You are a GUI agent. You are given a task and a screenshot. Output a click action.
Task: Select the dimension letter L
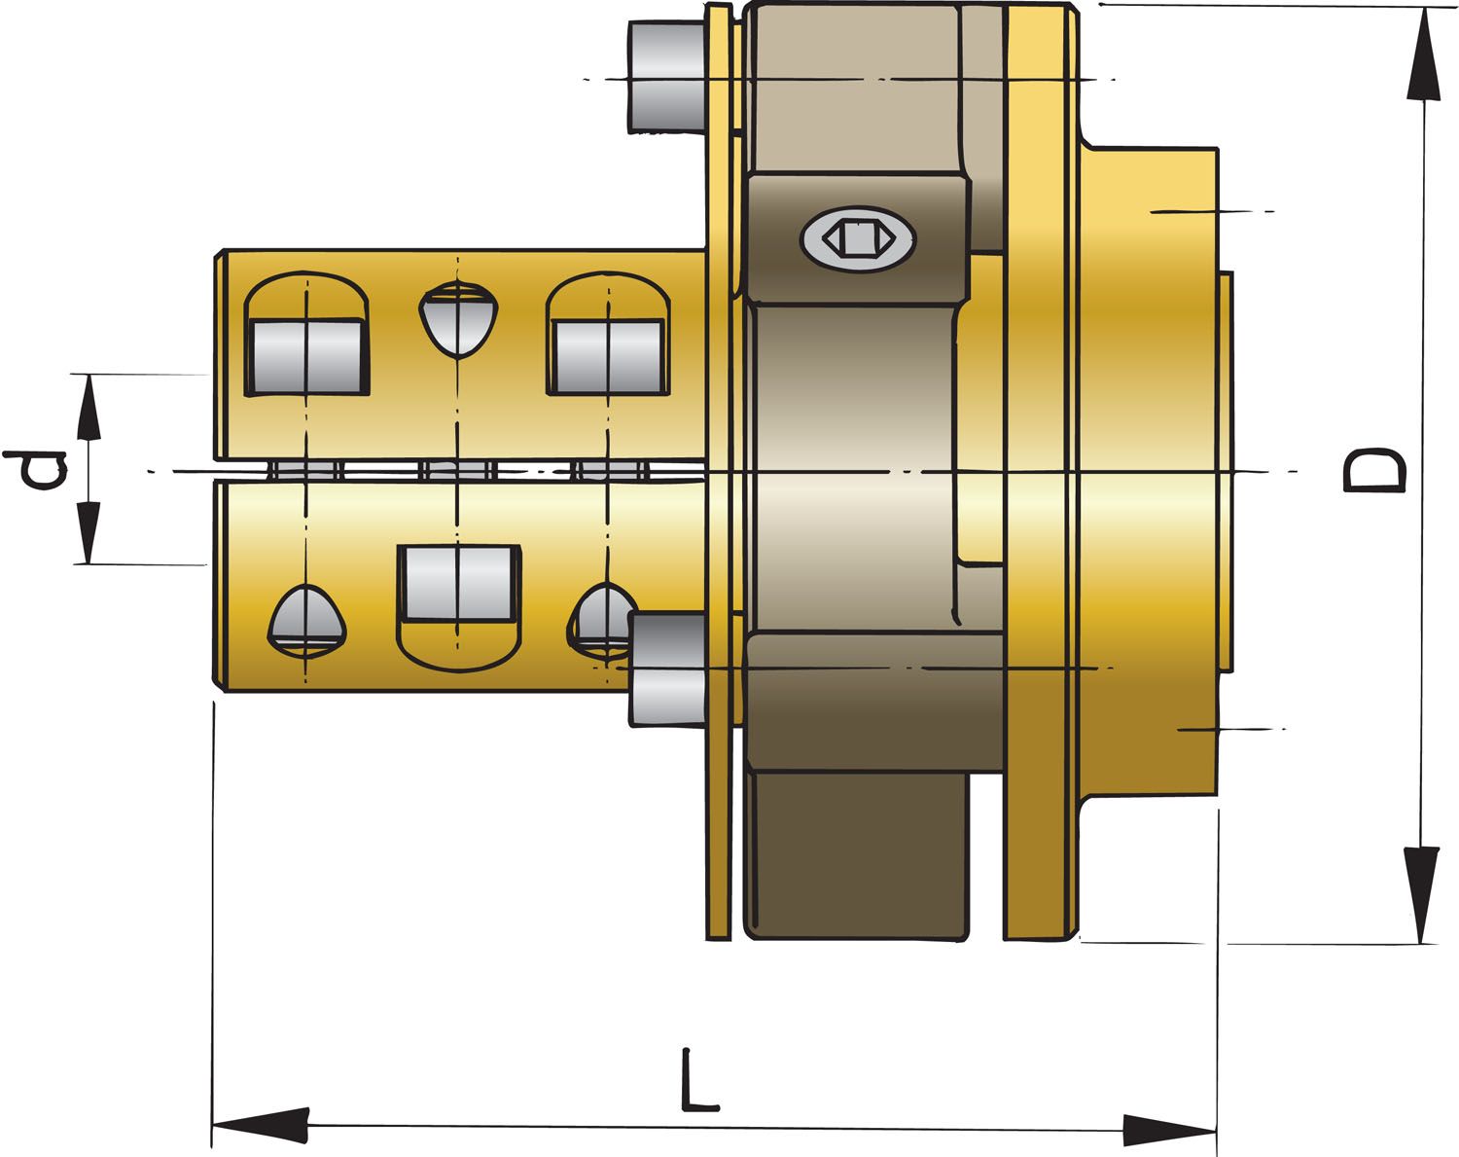click(698, 1081)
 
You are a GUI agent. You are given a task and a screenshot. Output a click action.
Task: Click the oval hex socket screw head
click(857, 236)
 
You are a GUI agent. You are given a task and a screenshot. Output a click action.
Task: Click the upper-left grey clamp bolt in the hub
click(307, 356)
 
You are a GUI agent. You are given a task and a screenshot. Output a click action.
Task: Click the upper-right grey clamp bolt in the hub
click(609, 356)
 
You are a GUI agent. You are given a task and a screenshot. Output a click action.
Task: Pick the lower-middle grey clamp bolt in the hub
click(458, 582)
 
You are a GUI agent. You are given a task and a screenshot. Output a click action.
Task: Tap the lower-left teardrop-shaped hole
click(307, 619)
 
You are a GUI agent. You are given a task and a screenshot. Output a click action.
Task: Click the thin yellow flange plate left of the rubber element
click(719, 487)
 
